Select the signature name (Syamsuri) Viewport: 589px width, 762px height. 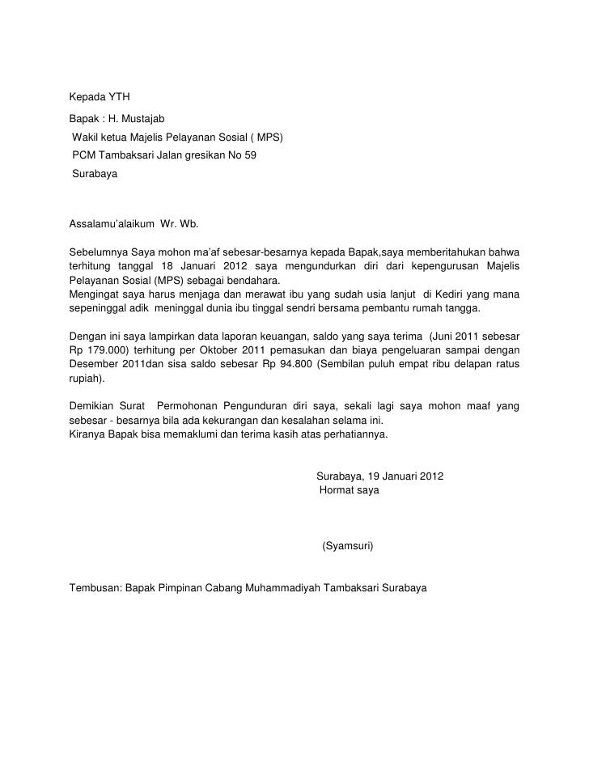pyautogui.click(x=347, y=546)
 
